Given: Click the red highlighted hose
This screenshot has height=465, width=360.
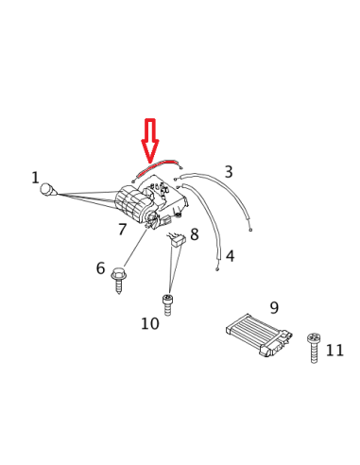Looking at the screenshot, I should [157, 165].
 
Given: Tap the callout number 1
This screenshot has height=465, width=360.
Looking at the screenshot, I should [35, 178].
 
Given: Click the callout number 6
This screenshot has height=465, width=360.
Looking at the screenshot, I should [100, 268].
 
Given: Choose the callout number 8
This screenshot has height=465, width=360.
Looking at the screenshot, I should [195, 234].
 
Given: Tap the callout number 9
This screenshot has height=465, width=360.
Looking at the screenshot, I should [274, 308].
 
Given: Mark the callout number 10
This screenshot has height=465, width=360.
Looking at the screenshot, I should [149, 324].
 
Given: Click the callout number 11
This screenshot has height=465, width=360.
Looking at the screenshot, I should [334, 350].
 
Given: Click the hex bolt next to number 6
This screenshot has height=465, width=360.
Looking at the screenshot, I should [118, 280].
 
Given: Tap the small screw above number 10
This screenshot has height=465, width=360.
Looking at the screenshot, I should [168, 304].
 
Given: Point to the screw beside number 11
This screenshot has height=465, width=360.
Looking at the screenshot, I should [313, 347].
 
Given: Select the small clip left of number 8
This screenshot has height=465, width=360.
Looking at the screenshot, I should [175, 240].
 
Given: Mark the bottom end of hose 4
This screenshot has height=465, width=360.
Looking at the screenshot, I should [217, 269].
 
